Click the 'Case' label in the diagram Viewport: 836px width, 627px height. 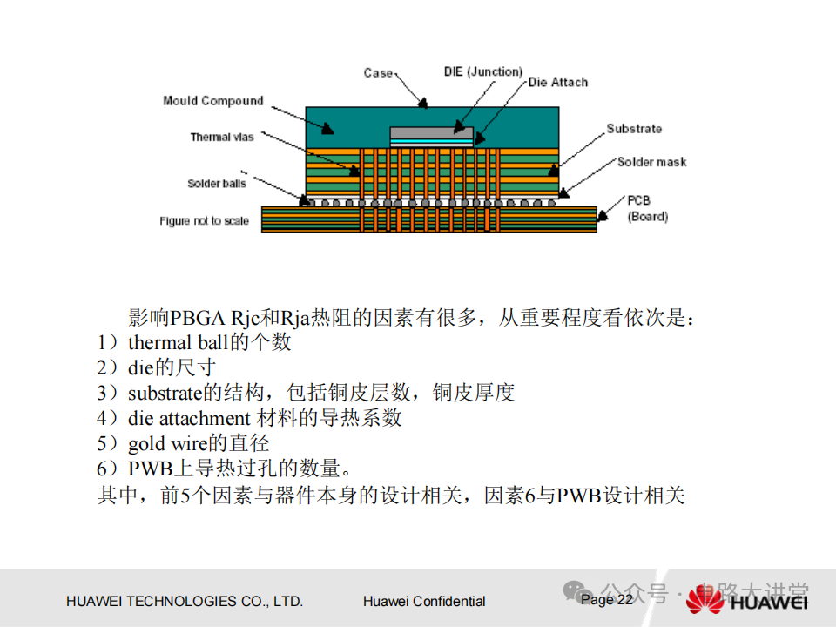[378, 73]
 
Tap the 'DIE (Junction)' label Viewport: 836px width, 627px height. [482, 71]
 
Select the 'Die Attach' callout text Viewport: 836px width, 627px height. [557, 83]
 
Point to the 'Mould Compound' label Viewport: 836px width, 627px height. [212, 101]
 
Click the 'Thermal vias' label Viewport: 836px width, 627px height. [222, 137]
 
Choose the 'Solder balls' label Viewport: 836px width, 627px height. [217, 184]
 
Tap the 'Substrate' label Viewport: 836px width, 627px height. [634, 129]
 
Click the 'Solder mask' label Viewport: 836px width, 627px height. [651, 162]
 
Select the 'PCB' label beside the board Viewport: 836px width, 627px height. [638, 200]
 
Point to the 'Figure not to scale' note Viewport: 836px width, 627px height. [204, 221]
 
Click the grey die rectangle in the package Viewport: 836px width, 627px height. [431, 133]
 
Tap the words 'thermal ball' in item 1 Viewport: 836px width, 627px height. [171, 342]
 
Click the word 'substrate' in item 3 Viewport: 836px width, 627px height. [165, 393]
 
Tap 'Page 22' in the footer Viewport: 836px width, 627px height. [607, 600]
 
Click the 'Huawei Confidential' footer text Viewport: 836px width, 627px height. [424, 601]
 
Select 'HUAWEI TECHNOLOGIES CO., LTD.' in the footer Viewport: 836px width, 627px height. [185, 601]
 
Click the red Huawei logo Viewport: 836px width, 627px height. [705, 600]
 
